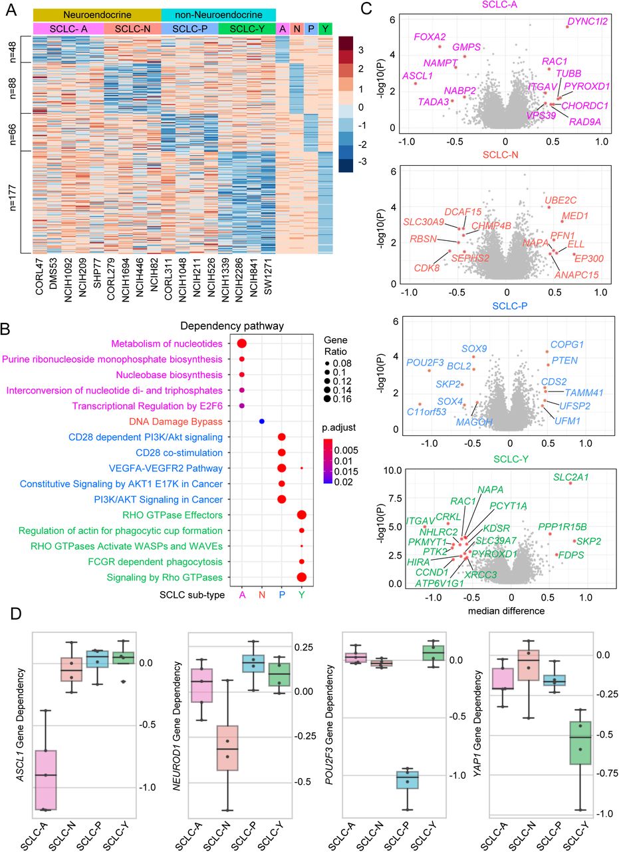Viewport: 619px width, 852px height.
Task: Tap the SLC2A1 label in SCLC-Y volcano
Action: point(570,477)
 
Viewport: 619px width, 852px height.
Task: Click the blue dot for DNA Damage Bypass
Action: point(262,421)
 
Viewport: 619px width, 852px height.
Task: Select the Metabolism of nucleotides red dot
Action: point(241,343)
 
